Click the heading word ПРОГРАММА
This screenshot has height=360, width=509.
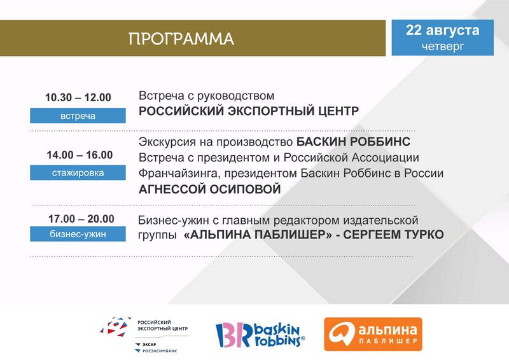pos(181,39)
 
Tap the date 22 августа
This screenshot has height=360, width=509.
pos(442,30)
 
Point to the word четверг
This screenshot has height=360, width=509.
pos(443,46)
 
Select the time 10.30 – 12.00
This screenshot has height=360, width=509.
pos(78,97)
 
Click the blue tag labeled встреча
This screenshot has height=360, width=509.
pos(78,116)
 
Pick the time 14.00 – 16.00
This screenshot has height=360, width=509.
pos(80,155)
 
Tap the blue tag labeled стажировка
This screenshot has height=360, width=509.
pos(78,173)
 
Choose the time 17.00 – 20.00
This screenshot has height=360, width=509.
pos(81,219)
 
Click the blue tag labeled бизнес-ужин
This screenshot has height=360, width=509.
pos(78,234)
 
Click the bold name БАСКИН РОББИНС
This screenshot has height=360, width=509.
pos(353,142)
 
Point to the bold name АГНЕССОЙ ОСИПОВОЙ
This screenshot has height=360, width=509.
pos(210,190)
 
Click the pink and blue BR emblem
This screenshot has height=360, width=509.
pos(234,335)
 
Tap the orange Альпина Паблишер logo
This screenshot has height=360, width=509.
pos(373,335)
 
